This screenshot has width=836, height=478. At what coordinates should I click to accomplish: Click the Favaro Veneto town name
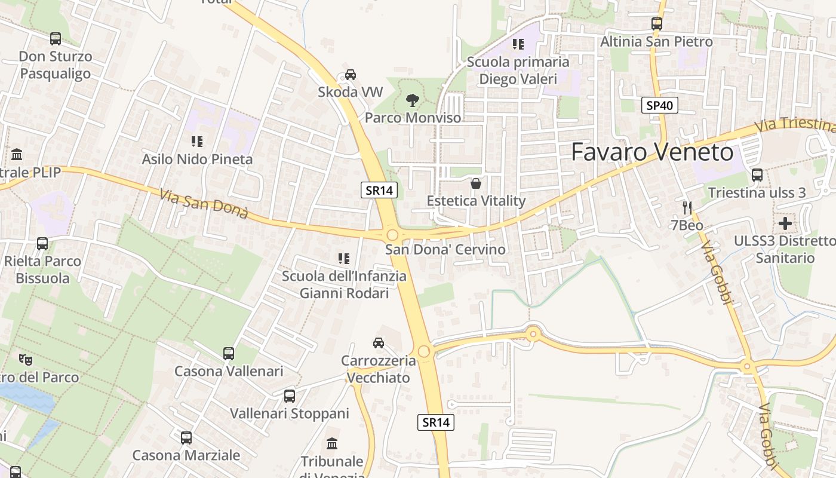[x=652, y=152]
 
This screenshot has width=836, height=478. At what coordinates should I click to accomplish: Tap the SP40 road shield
[x=660, y=106]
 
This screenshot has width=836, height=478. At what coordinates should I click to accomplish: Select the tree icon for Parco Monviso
[x=412, y=100]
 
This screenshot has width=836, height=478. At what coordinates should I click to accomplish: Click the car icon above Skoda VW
[x=351, y=75]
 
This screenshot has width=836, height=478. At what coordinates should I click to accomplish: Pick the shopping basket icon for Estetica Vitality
[x=475, y=183]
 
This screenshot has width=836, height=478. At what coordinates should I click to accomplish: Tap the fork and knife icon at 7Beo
[x=687, y=208]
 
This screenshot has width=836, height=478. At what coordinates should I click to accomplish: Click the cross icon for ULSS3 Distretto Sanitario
[x=785, y=223]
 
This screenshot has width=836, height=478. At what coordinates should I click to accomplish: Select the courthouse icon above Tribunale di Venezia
[x=332, y=444]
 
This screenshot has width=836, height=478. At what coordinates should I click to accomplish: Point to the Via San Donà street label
[x=204, y=204]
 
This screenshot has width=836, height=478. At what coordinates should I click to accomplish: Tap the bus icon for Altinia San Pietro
[x=656, y=24]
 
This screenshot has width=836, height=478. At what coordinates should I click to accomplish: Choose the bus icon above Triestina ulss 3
[x=757, y=175]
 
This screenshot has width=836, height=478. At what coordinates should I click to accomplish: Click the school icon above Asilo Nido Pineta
[x=197, y=142]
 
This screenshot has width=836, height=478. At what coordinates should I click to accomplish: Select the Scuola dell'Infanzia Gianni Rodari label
[x=344, y=284]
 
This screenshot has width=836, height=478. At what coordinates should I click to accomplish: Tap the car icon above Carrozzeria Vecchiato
[x=378, y=342]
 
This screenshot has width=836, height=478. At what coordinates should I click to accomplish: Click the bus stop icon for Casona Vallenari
[x=229, y=353]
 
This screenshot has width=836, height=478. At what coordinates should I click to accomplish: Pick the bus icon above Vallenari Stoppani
[x=290, y=396]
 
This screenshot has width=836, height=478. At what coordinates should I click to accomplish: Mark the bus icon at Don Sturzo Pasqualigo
[x=56, y=39]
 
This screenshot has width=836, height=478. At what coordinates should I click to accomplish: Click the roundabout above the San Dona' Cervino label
[x=392, y=235]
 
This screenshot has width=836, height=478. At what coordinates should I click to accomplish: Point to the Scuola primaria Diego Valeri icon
[x=518, y=44]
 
